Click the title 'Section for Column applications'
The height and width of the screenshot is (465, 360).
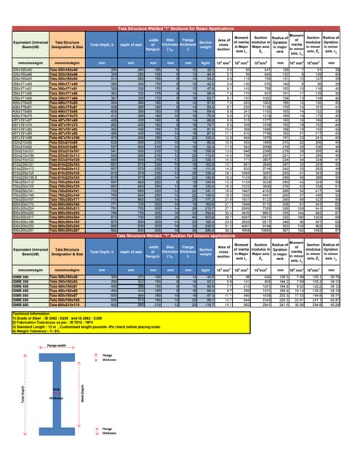[180, 253]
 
